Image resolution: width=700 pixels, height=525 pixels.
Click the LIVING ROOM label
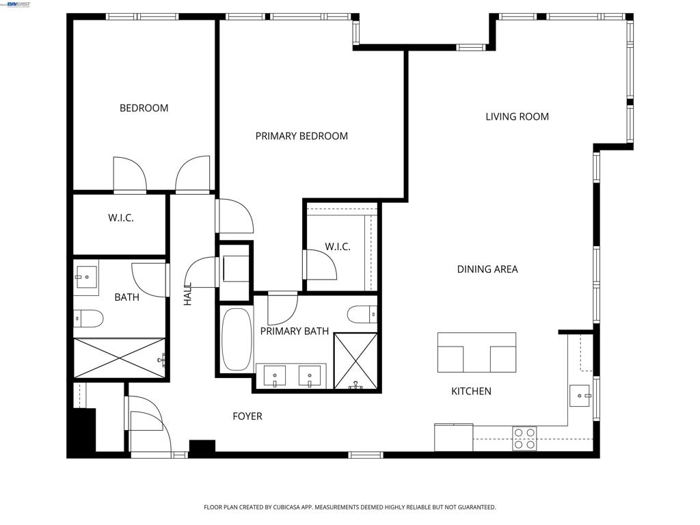pos(517,117)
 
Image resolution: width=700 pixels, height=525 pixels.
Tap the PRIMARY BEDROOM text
pos(301,136)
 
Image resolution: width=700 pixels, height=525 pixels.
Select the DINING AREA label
pos(487,269)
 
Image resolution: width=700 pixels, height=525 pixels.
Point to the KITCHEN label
pos(471,392)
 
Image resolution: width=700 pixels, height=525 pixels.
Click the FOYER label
pos(247,416)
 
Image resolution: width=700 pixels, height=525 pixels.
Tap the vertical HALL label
pos(187,294)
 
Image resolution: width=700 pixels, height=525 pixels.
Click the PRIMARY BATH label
pos(294,332)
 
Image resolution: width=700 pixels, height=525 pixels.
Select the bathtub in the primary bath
pos(237,340)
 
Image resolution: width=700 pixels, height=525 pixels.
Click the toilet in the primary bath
pos(362,314)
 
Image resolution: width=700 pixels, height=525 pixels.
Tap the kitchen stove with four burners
pos(524,438)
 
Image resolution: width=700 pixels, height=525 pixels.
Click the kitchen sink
pos(580,396)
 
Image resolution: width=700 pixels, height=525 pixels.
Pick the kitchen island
pos(476,352)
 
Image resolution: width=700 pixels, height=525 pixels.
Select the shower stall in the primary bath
pos(355,361)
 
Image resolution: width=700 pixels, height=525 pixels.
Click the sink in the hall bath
pos(86,278)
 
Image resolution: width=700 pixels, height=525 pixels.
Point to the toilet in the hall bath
pos(88,319)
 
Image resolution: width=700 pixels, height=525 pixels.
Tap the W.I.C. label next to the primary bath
pos(338,247)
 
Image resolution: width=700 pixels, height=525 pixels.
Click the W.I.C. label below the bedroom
pos(121,218)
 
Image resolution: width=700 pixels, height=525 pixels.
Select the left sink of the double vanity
pos(275,377)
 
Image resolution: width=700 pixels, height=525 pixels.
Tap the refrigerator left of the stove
pos(454,437)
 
